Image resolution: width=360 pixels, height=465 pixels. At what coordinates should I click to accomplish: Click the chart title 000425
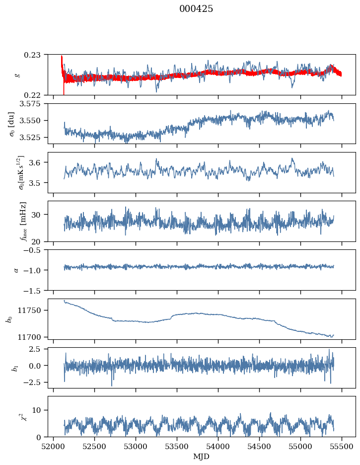196,9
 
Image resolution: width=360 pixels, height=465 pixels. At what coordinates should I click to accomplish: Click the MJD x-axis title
202,457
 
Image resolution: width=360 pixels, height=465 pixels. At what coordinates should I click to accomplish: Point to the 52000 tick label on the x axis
54,446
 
